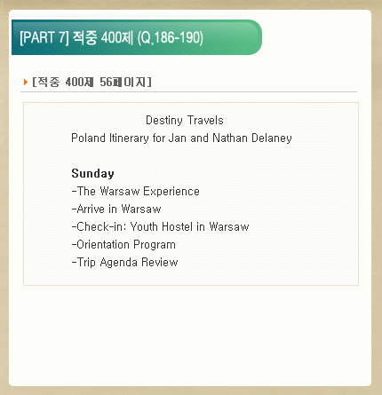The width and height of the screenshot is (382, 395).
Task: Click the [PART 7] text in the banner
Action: [x=44, y=37]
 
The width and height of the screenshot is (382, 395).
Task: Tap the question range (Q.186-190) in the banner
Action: [x=171, y=38]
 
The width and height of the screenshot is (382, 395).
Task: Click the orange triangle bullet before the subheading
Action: [x=26, y=82]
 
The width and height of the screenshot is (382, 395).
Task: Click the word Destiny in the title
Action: [x=164, y=121]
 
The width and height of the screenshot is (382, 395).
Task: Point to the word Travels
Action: [x=205, y=121]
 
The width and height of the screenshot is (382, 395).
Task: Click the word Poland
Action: [x=88, y=138]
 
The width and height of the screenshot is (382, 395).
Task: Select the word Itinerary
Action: [x=129, y=138]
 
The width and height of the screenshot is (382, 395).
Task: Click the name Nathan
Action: [x=230, y=138]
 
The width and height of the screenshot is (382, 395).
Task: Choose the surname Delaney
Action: [x=272, y=138]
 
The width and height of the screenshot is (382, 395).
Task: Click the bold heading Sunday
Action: [x=92, y=174]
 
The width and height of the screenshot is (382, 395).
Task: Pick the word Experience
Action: [x=171, y=192]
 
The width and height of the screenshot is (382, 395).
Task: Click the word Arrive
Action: [x=91, y=209]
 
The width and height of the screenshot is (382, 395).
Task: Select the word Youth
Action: [x=144, y=227]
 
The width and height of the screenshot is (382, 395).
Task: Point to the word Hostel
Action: [x=178, y=227]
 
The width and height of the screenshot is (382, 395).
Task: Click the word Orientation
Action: [x=103, y=245]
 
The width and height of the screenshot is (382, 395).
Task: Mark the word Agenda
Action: [x=118, y=263]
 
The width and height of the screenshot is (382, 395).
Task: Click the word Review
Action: [x=159, y=263]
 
